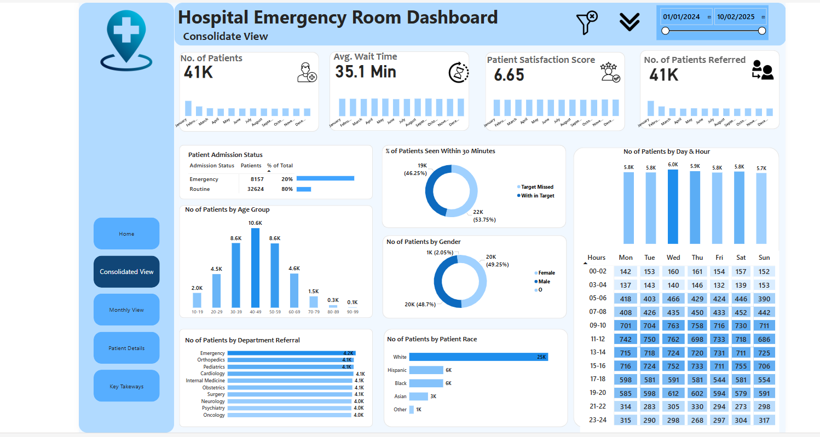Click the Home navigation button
pyautogui.click(x=126, y=234)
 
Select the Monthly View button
pyautogui.click(x=126, y=310)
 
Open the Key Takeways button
pyautogui.click(x=126, y=386)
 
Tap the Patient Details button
pyautogui.click(x=126, y=348)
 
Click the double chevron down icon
pyautogui.click(x=630, y=22)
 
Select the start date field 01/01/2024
pyautogui.click(x=682, y=17)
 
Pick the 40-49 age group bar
pyautogui.click(x=255, y=267)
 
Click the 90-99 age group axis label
pyautogui.click(x=353, y=311)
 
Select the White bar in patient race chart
pyautogui.click(x=478, y=357)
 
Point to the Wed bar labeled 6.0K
pyautogui.click(x=673, y=206)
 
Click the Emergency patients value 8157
pyautogui.click(x=257, y=179)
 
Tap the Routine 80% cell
pyautogui.click(x=287, y=189)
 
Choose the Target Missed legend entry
pyautogui.click(x=537, y=187)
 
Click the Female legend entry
pyautogui.click(x=546, y=273)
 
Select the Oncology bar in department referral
pyautogui.click(x=289, y=415)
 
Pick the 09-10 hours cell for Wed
pyautogui.click(x=673, y=325)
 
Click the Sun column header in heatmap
pyautogui.click(x=764, y=258)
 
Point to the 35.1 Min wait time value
pyautogui.click(x=365, y=72)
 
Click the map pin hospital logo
pyautogui.click(x=126, y=40)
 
